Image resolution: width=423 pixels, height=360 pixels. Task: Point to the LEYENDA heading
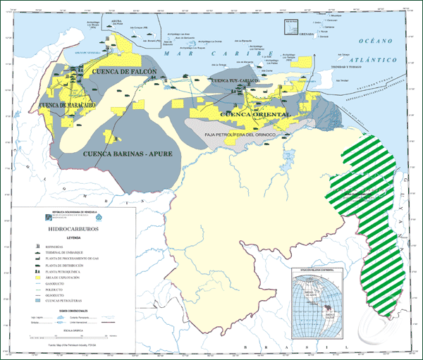pos(73,238)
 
